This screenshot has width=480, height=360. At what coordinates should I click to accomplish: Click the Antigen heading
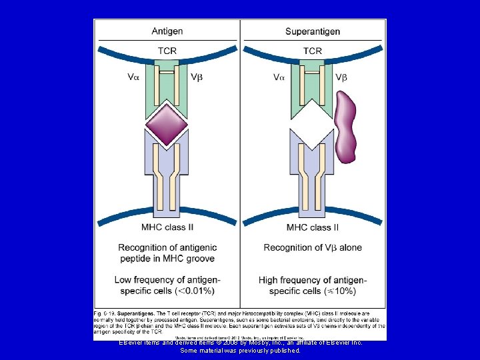[x=167, y=31]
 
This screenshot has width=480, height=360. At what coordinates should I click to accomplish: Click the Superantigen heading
[x=313, y=31]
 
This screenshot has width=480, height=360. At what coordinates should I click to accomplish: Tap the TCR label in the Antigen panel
[x=167, y=51]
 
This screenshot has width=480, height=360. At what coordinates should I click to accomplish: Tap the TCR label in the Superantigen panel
[x=312, y=51]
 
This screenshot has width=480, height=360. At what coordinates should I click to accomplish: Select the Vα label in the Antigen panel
[x=133, y=77]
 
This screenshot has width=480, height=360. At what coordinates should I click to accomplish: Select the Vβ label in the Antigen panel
[x=197, y=77]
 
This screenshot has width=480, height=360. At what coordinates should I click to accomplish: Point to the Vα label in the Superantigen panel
[x=279, y=77]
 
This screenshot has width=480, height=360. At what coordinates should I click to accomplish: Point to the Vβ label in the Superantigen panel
[x=342, y=77]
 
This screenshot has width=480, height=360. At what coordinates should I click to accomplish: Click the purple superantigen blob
[x=345, y=127]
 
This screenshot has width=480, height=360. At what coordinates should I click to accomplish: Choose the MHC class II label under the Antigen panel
[x=167, y=227]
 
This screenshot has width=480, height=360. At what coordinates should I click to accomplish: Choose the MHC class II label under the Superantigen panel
[x=312, y=227]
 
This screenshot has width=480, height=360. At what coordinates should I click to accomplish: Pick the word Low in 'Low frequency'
[x=125, y=280]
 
